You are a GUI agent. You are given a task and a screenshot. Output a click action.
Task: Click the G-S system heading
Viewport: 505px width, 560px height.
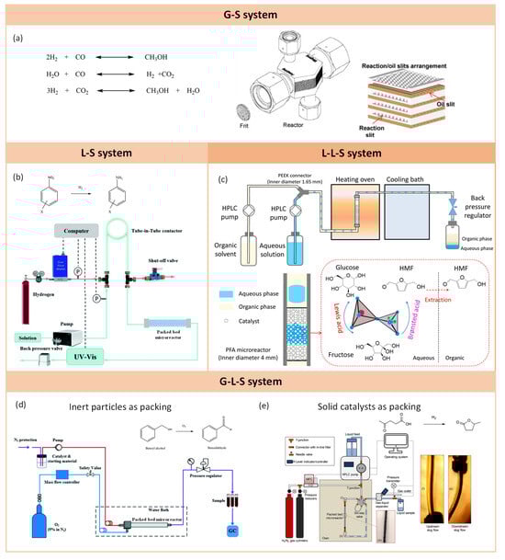(x=252, y=13)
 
